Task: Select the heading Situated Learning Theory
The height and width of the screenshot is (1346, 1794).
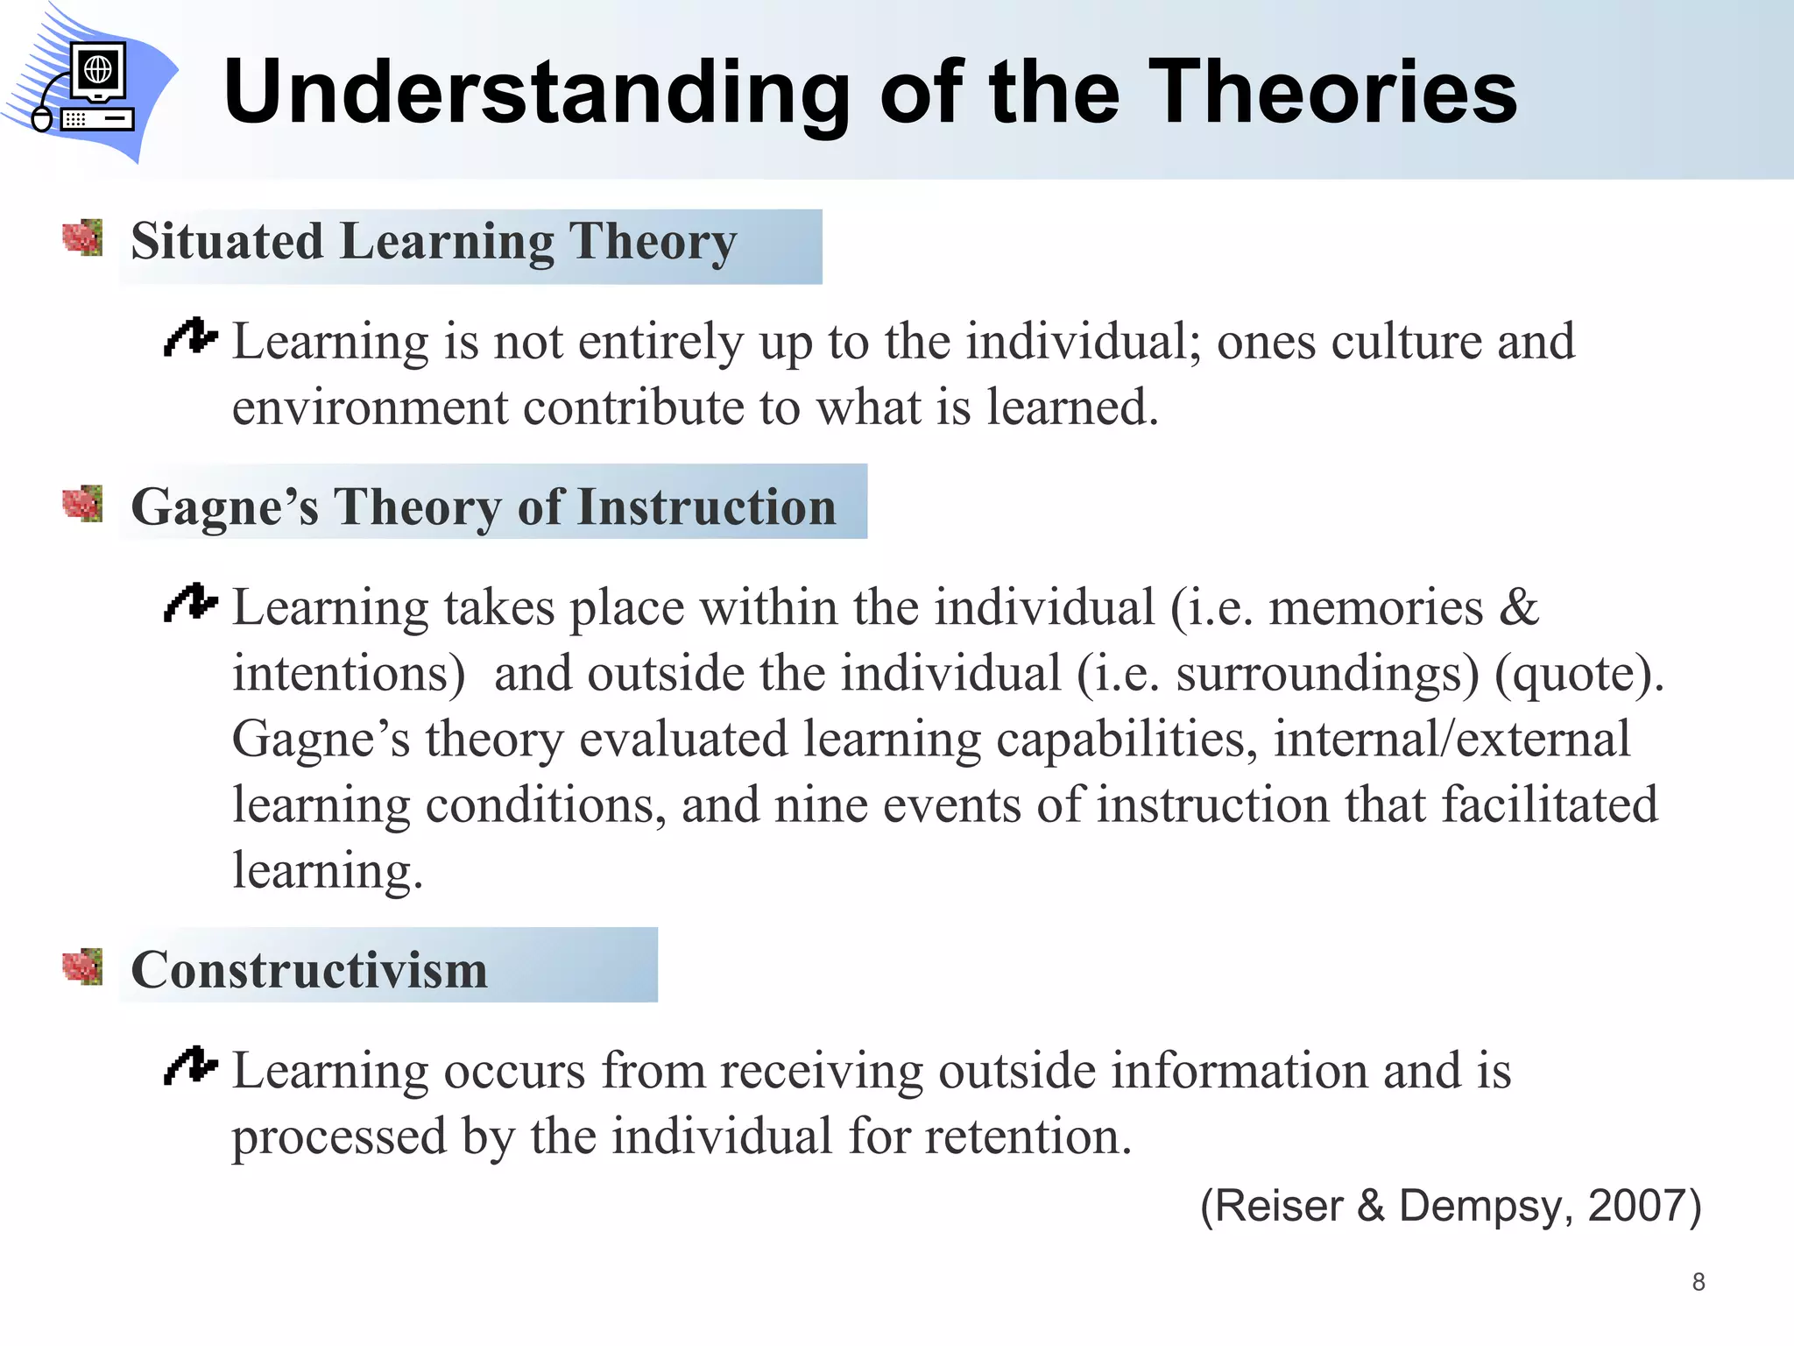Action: (434, 242)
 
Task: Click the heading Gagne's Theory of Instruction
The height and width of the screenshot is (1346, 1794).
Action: (484, 507)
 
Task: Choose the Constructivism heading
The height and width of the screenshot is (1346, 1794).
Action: (309, 970)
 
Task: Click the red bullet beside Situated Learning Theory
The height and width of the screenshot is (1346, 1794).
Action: (82, 238)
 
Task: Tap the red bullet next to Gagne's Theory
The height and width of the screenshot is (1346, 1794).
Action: (82, 504)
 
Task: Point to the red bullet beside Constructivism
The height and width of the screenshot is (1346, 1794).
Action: (82, 967)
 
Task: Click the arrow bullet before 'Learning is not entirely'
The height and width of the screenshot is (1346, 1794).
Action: (190, 337)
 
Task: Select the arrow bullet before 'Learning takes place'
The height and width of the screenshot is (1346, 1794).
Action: (190, 603)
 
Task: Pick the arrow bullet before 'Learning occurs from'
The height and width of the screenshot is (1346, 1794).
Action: (190, 1066)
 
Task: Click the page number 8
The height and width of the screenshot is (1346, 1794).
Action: (1699, 1282)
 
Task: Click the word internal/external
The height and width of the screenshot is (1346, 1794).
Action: (1451, 739)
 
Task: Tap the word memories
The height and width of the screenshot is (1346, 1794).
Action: (1376, 607)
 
